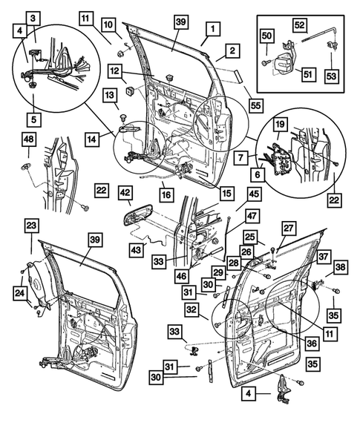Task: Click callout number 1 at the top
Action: pyautogui.click(x=212, y=30)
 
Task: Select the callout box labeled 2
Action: pyautogui.click(x=232, y=51)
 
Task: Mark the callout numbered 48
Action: pyautogui.click(x=28, y=140)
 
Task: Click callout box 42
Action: pyautogui.click(x=125, y=191)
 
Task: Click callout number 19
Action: pyautogui.click(x=281, y=124)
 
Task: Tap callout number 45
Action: pyautogui.click(x=254, y=194)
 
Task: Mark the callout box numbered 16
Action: pyautogui.click(x=166, y=194)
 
